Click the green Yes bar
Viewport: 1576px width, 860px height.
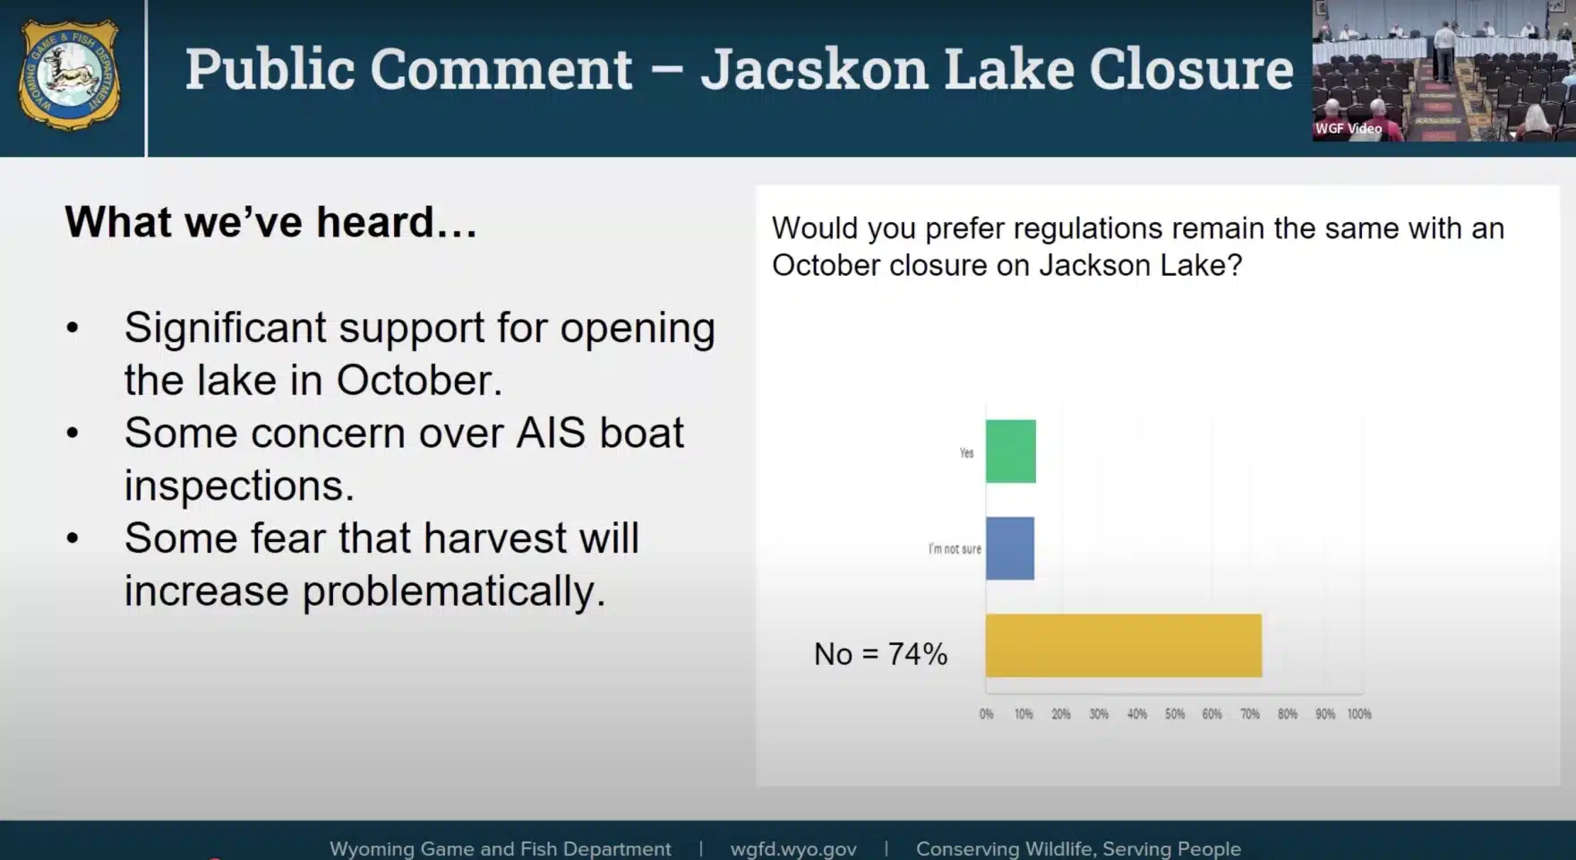1011,451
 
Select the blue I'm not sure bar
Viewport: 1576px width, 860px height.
1010,548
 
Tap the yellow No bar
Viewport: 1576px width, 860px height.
1124,646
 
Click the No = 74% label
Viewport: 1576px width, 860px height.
880,654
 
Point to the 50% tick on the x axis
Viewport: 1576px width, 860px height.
1175,714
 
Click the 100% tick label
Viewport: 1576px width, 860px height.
1359,714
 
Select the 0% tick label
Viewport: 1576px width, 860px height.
986,714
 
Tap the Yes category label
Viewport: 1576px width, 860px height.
966,453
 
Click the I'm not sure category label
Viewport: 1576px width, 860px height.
955,548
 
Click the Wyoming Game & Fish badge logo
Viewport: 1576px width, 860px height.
70,75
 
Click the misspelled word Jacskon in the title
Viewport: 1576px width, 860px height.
815,69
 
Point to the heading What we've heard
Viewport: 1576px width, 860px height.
270,222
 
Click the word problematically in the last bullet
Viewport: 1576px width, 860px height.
454,592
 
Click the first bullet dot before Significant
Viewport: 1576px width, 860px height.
73,328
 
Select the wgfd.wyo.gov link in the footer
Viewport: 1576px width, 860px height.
793,848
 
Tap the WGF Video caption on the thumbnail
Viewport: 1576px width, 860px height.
1349,128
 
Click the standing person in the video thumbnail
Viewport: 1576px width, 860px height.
1443,51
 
